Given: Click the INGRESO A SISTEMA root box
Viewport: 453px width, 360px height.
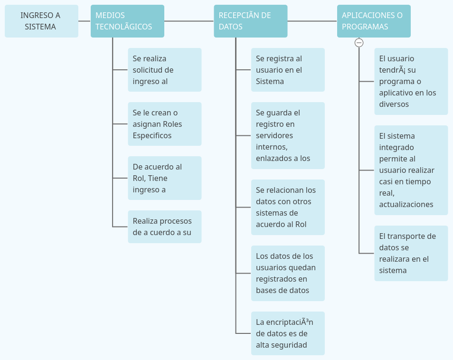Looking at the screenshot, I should click(41, 21).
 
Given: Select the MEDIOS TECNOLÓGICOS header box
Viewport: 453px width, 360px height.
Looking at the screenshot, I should click(127, 21).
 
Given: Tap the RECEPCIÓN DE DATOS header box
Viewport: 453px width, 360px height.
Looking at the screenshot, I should click(250, 21).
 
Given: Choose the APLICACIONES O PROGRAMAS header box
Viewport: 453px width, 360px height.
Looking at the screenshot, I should click(374, 21).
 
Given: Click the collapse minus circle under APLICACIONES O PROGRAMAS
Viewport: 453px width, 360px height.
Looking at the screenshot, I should click(359, 43).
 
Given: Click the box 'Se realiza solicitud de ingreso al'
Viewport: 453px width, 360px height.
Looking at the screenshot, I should click(164, 70).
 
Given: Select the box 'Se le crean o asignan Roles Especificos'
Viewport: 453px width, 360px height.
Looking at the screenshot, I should click(164, 124).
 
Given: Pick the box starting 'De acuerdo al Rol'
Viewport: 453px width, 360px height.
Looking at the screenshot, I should click(164, 178).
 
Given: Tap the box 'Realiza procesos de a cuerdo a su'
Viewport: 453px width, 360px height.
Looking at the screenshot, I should click(164, 227).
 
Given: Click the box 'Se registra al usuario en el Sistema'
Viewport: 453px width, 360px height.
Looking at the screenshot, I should click(288, 70).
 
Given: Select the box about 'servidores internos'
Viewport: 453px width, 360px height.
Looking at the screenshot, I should click(288, 135).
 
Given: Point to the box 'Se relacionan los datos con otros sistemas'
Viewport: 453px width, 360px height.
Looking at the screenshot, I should click(288, 207).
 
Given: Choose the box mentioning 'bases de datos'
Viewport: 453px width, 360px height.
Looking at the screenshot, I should click(288, 273).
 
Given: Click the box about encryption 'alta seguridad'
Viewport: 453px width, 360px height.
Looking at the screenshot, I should click(288, 333).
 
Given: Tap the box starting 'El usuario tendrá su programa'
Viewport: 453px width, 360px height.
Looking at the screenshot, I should click(411, 81).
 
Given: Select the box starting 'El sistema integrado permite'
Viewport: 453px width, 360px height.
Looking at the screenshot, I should click(411, 170).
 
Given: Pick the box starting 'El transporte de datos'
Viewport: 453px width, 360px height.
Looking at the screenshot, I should click(411, 253).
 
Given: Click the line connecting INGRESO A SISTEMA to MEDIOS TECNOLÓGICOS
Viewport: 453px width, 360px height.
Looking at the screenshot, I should click(85, 21).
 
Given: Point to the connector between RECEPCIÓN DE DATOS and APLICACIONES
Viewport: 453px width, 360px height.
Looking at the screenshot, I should click(312, 21).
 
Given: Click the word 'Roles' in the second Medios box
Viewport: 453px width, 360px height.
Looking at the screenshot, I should click(172, 124).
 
